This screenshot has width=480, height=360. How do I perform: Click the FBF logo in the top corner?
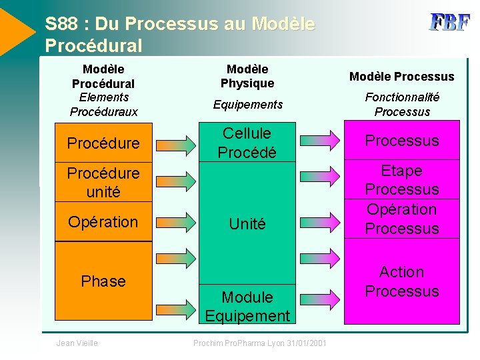(x=449, y=23)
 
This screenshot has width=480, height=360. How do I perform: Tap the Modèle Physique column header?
(x=247, y=76)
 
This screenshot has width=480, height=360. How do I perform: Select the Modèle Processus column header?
(x=401, y=77)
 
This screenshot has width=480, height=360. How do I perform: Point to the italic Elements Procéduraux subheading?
(x=103, y=105)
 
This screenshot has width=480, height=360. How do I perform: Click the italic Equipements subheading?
(x=247, y=105)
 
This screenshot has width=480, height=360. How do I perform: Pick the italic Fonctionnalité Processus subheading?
(x=401, y=105)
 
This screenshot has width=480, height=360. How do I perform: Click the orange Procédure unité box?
(x=103, y=182)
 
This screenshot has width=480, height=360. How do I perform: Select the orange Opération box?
(x=103, y=222)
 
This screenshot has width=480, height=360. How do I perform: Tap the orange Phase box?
(x=103, y=281)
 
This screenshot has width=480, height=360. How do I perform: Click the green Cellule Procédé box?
(x=247, y=143)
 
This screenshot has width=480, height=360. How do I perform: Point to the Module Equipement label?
(x=247, y=307)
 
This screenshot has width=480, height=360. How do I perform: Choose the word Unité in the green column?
(x=247, y=225)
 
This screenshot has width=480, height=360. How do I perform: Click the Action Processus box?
(x=401, y=281)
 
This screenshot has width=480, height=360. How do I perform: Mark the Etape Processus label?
(x=401, y=180)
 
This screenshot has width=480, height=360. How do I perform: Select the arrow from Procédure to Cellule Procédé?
(x=176, y=142)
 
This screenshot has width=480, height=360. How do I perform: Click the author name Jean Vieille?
(x=77, y=343)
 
